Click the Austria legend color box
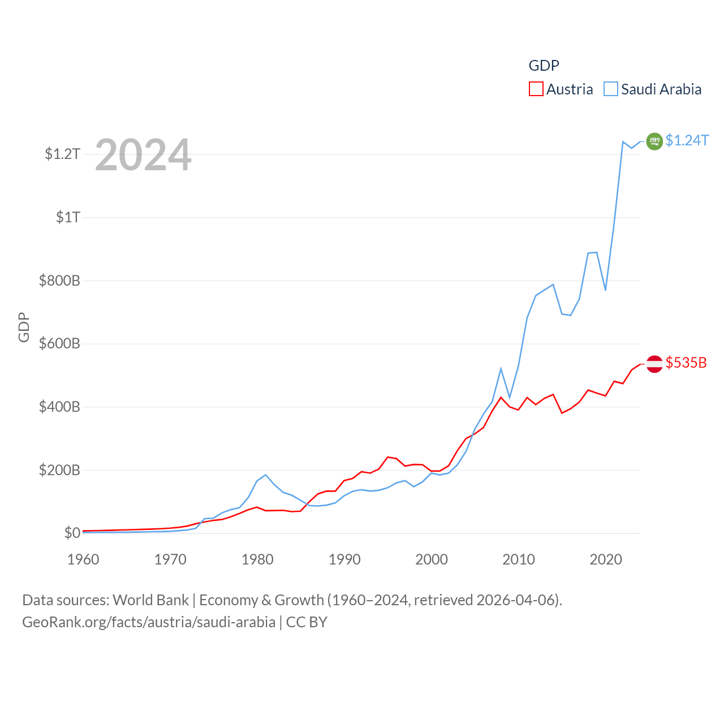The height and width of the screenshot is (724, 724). click(536, 89)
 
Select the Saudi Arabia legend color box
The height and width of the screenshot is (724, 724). click(611, 89)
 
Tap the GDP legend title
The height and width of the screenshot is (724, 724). click(544, 66)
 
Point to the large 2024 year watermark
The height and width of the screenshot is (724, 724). click(143, 155)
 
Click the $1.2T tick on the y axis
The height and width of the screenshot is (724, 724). click(62, 154)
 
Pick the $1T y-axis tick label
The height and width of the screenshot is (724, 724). click(68, 217)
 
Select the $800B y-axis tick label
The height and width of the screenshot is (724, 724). click(59, 281)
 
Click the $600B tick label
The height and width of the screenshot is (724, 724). click(59, 343)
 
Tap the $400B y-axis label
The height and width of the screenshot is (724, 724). click(59, 407)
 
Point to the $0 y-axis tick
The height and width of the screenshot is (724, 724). click(72, 533)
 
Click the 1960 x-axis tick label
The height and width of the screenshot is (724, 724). click(83, 559)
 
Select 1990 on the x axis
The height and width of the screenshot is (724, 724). click(344, 559)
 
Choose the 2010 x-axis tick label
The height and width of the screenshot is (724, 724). click(519, 559)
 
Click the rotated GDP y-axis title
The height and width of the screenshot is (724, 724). click(24, 327)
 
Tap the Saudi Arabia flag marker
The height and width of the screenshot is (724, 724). click(654, 141)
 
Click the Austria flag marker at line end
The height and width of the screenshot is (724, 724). click(654, 364)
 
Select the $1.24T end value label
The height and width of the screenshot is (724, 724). click(687, 140)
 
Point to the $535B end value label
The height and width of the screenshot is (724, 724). click(686, 363)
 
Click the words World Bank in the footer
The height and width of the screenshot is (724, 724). click(150, 600)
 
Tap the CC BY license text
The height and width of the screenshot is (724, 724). click(307, 622)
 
